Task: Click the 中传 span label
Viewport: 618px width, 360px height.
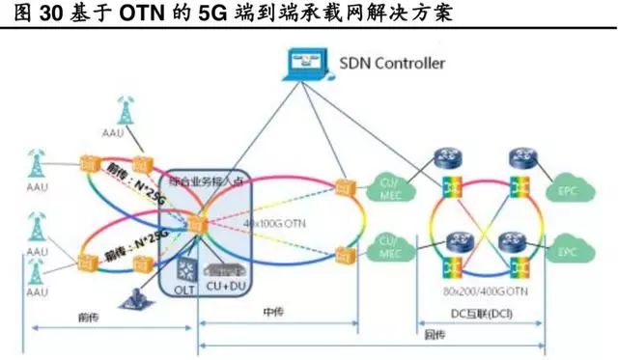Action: click(272, 311)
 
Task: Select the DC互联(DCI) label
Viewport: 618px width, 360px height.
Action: click(479, 312)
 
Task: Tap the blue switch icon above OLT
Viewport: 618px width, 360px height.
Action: click(184, 263)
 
